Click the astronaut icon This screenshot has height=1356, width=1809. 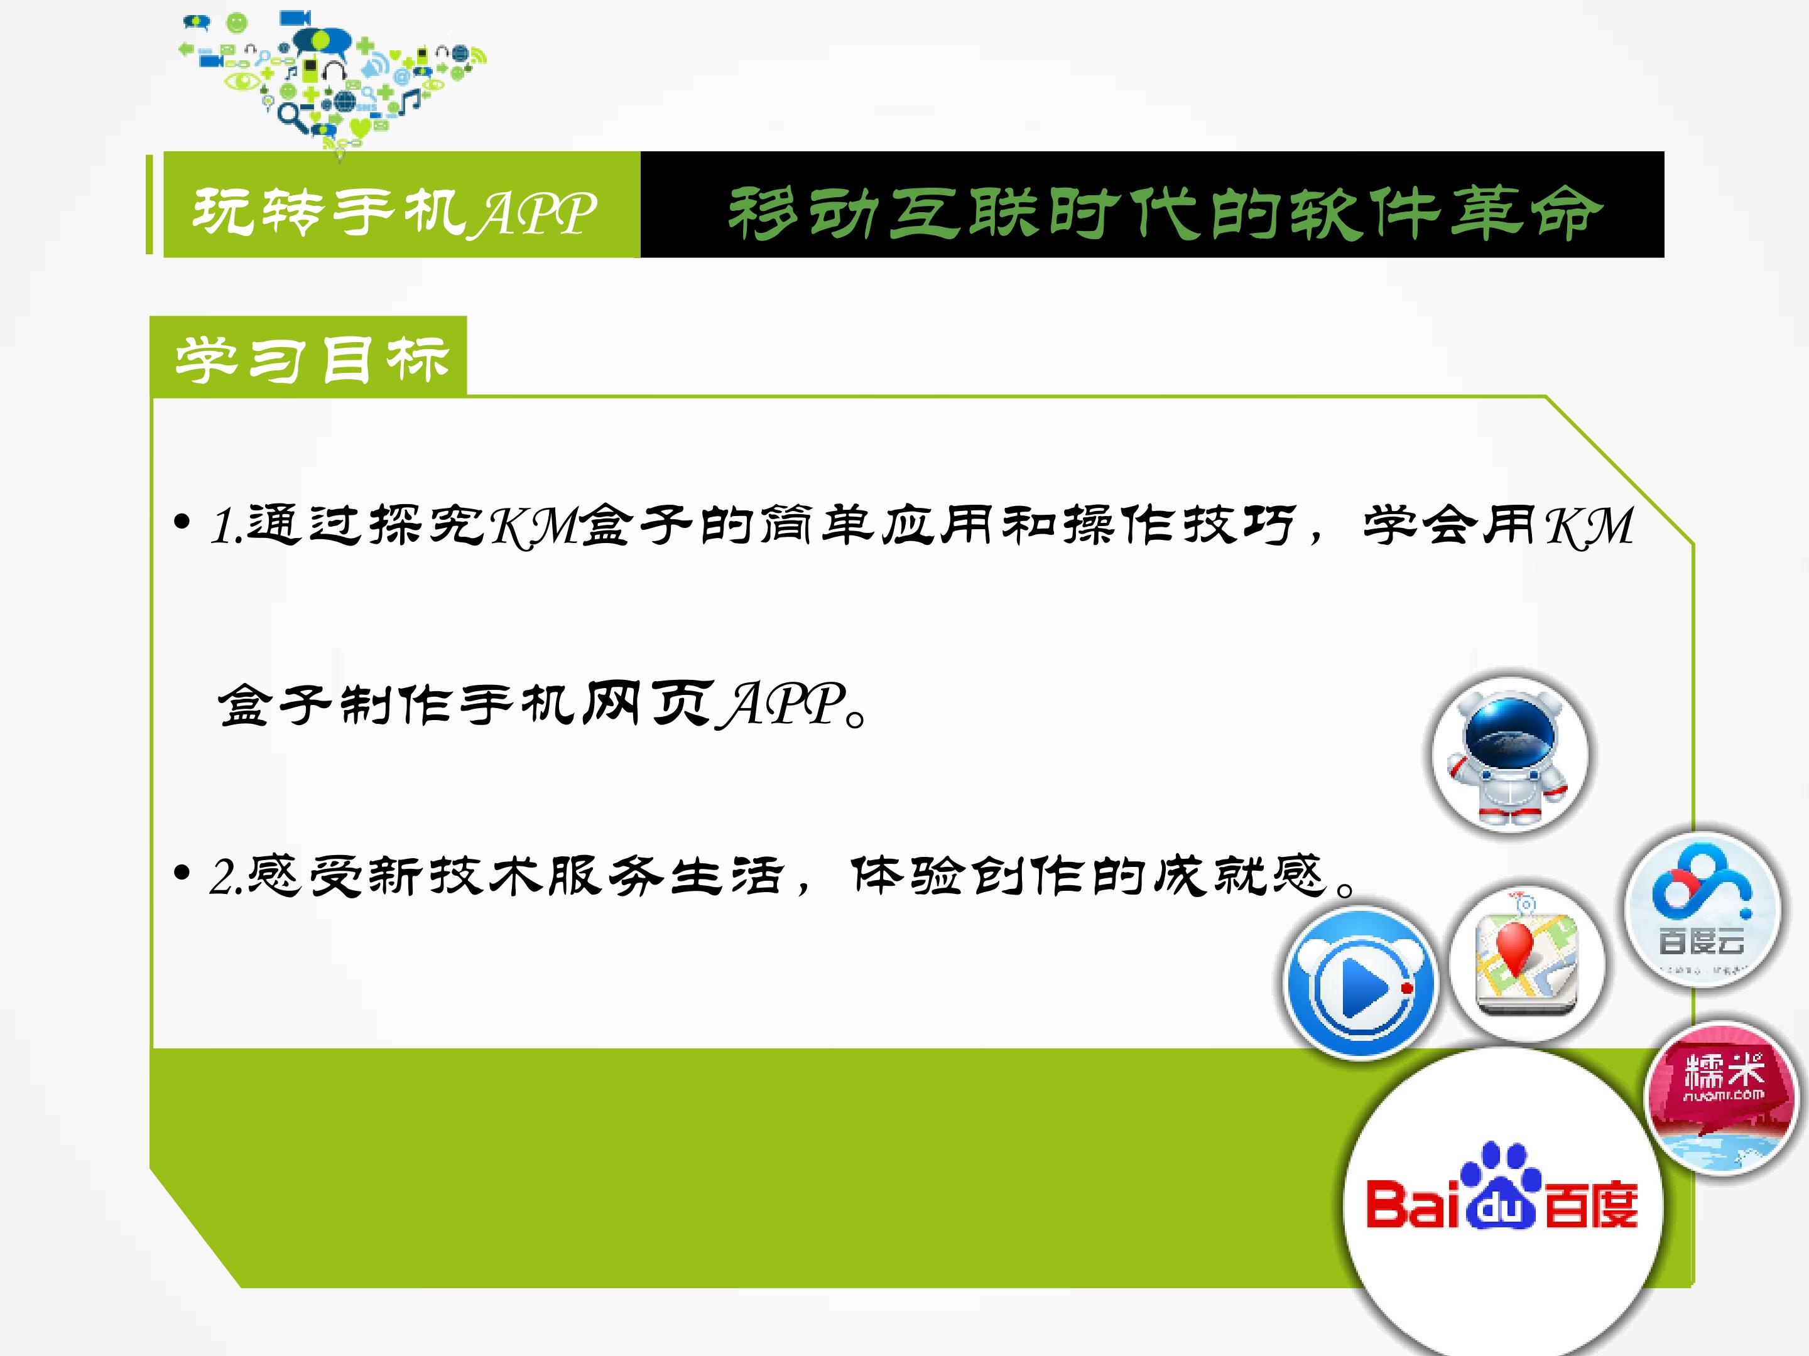coord(1509,753)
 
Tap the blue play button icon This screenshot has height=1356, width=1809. coord(1359,982)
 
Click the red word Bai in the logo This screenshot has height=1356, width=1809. coord(1413,1205)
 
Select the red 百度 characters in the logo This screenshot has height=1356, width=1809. coord(1590,1205)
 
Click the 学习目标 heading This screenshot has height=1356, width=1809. coord(312,360)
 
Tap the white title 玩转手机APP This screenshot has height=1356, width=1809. coord(394,212)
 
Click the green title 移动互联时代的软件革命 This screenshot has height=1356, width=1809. coord(1165,213)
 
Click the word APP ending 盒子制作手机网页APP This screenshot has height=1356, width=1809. coord(781,704)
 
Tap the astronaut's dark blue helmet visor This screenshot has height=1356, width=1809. coord(1509,730)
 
